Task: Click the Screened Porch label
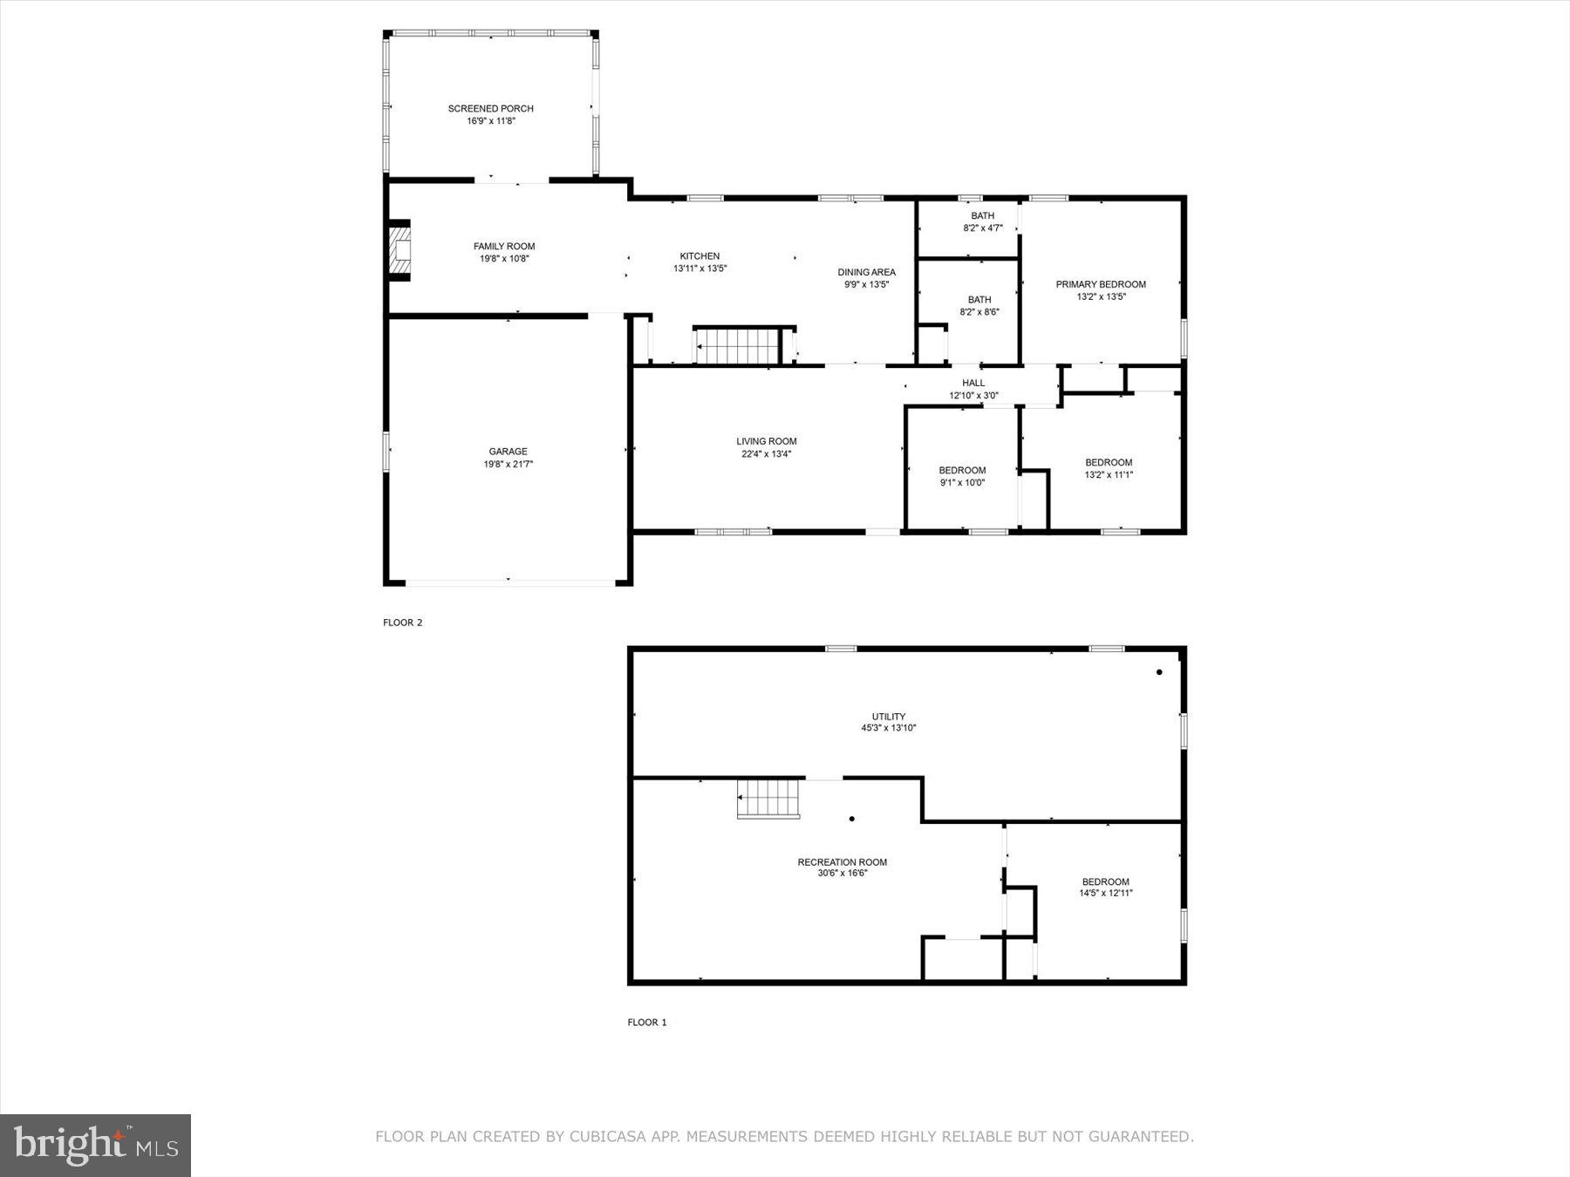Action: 490,109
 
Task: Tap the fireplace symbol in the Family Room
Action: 399,251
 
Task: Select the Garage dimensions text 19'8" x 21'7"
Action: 509,465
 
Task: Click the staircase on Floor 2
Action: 738,346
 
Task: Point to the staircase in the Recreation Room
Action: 768,798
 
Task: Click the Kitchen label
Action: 700,256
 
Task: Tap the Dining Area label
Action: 866,272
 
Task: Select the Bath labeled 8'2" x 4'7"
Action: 982,221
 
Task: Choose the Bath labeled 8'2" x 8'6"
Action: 980,305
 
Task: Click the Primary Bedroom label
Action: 1101,284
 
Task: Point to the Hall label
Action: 973,383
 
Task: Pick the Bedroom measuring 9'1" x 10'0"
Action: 962,476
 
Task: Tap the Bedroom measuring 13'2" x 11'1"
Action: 1109,468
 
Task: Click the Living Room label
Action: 766,441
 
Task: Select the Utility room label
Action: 889,717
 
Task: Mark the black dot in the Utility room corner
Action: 1159,672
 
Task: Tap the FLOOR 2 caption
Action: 402,623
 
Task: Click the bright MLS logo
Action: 95,1145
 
